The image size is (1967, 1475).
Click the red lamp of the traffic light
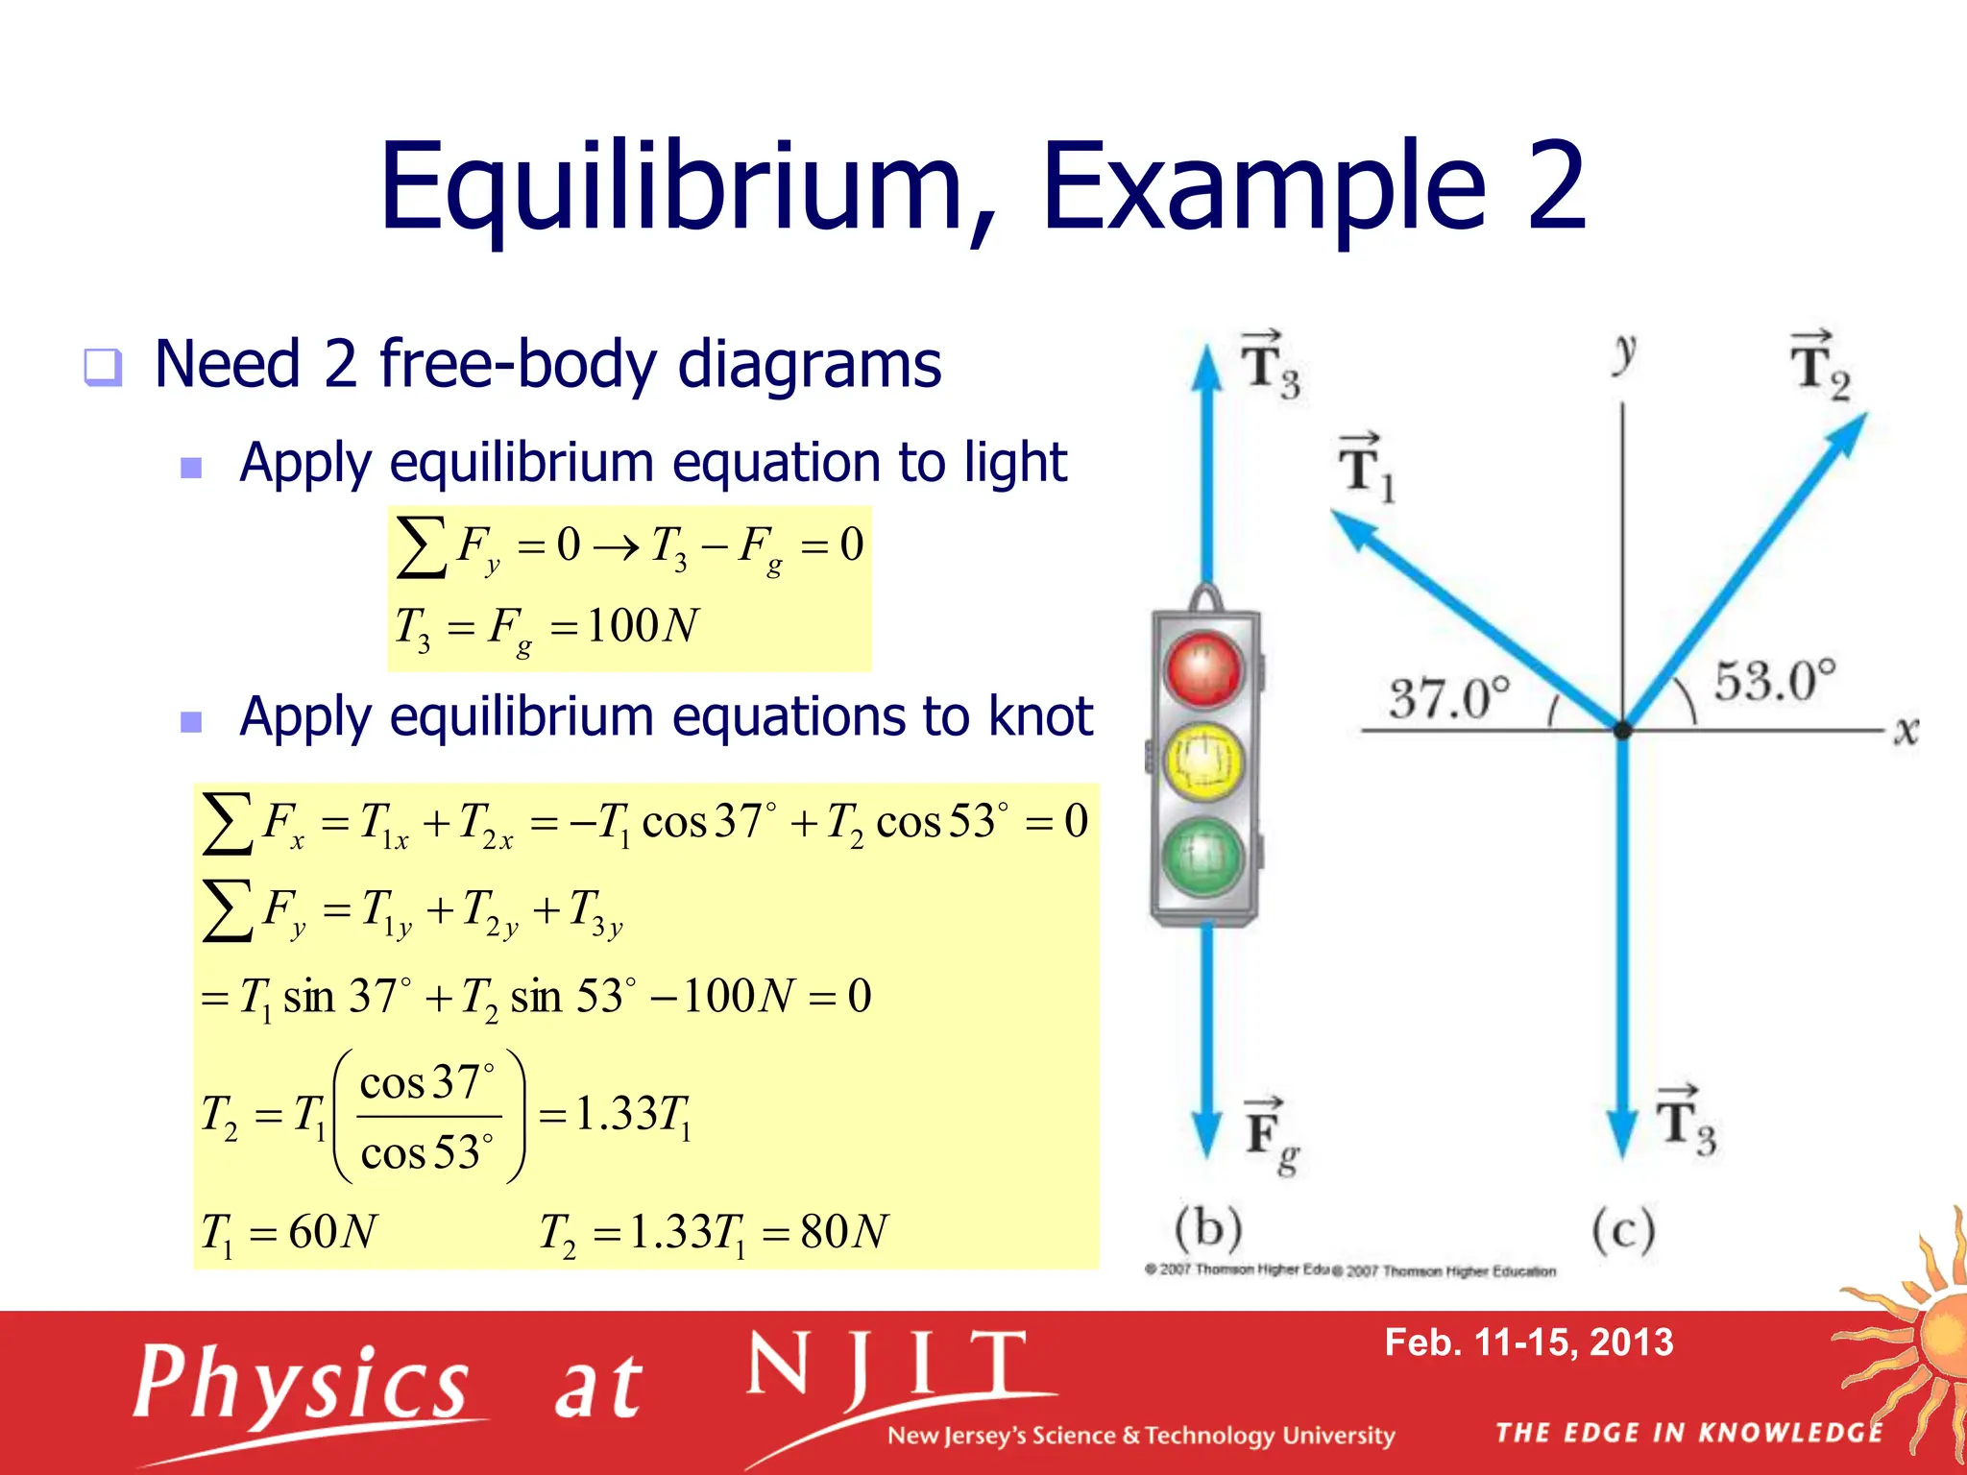1202,668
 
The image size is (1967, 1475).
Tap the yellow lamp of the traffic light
1202,762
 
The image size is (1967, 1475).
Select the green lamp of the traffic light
1202,856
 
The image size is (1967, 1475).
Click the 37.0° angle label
1449,697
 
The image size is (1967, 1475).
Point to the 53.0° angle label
1775,681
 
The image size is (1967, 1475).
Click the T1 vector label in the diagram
1365,470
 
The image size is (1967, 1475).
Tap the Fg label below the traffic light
1271,1136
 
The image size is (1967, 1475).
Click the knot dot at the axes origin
1623,731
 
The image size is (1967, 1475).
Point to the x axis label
1906,732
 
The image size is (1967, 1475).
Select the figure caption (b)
1208,1228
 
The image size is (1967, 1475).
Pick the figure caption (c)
1623,1230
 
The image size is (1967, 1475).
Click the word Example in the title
1264,187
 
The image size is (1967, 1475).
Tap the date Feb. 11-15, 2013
1528,1342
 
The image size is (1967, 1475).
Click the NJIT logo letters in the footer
888,1366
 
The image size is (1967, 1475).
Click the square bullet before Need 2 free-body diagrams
103,367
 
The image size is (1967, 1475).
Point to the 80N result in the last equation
844,1231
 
